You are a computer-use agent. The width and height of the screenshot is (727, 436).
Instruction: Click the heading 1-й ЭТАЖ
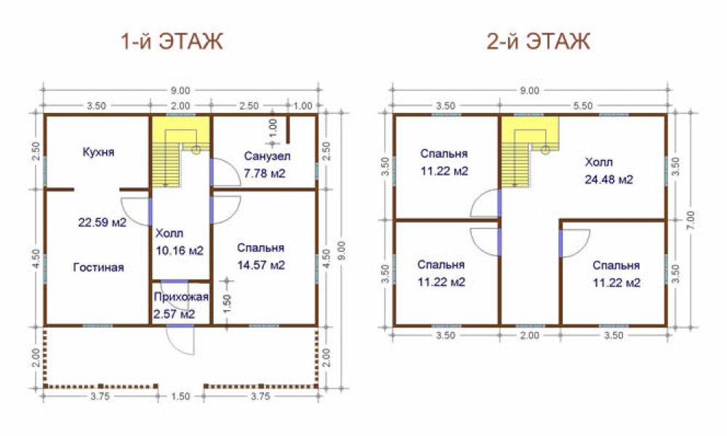click(172, 41)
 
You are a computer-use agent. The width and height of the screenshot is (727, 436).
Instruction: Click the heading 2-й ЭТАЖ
click(538, 41)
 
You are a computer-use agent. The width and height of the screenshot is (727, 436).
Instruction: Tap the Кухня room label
click(98, 152)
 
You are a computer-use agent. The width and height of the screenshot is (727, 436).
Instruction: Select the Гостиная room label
click(99, 267)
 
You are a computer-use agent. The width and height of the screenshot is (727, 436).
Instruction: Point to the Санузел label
click(267, 156)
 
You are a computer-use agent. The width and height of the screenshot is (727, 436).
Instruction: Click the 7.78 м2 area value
click(265, 174)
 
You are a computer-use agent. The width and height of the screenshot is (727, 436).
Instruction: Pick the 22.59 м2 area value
click(102, 223)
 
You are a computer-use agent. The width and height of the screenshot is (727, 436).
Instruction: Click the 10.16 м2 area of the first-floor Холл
click(180, 250)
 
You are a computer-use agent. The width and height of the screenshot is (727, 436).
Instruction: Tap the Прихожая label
click(181, 297)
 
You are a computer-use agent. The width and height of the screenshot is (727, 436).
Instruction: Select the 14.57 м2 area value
click(261, 265)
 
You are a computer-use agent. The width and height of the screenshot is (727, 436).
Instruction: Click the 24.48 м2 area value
click(608, 179)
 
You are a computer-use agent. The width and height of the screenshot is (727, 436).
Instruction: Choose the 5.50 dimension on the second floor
click(582, 106)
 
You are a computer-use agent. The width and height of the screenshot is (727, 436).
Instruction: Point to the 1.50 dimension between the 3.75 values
click(180, 397)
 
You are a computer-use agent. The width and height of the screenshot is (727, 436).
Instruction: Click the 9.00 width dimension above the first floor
click(180, 90)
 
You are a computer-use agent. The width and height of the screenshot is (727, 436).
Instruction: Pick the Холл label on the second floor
click(598, 162)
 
